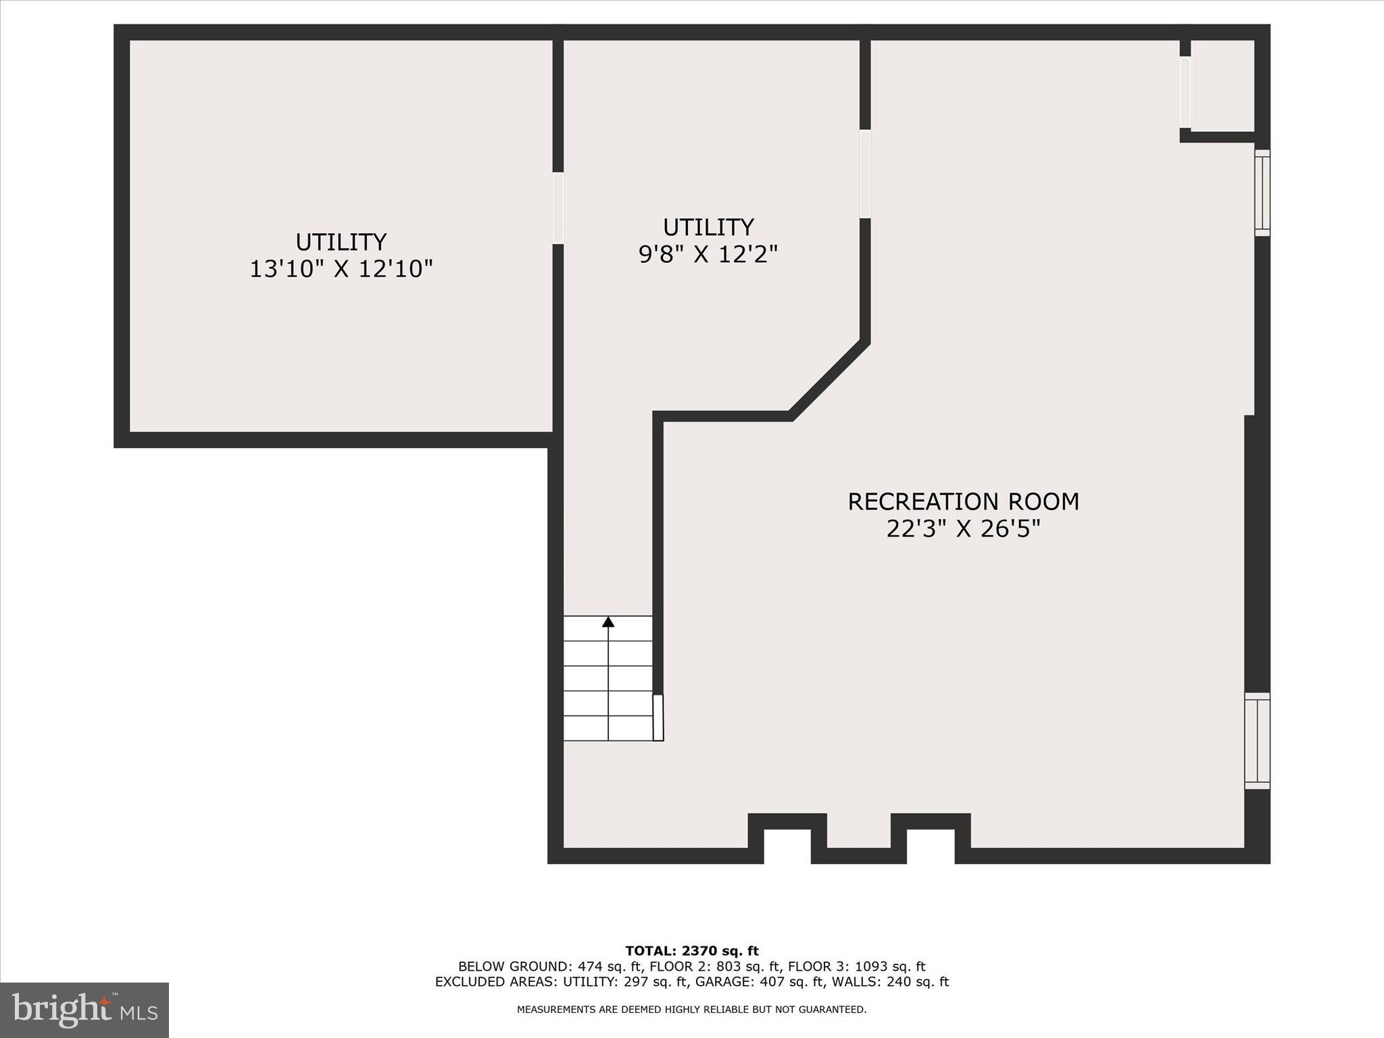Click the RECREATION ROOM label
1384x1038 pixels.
pyautogui.click(x=963, y=502)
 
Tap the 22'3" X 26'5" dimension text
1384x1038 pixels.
pyautogui.click(x=963, y=529)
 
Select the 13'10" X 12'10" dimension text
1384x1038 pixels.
pyautogui.click(x=341, y=269)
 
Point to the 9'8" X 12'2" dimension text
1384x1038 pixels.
pyautogui.click(x=708, y=254)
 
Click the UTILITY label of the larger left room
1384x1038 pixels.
pyautogui.click(x=341, y=242)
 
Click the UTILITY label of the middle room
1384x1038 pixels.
pyautogui.click(x=708, y=227)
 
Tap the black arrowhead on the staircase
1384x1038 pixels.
pyautogui.click(x=608, y=622)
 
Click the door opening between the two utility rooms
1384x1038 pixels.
pyautogui.click(x=558, y=208)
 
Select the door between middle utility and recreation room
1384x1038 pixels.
pyautogui.click(x=865, y=174)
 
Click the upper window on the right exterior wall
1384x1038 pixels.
pyautogui.click(x=1262, y=193)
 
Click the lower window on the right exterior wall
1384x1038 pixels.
pyautogui.click(x=1258, y=741)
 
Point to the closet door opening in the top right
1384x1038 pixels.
pyautogui.click(x=1185, y=92)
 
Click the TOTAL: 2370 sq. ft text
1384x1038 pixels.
pyautogui.click(x=692, y=951)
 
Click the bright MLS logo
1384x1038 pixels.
pyautogui.click(x=84, y=1010)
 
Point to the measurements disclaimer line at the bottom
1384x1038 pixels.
pyautogui.click(x=692, y=1010)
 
